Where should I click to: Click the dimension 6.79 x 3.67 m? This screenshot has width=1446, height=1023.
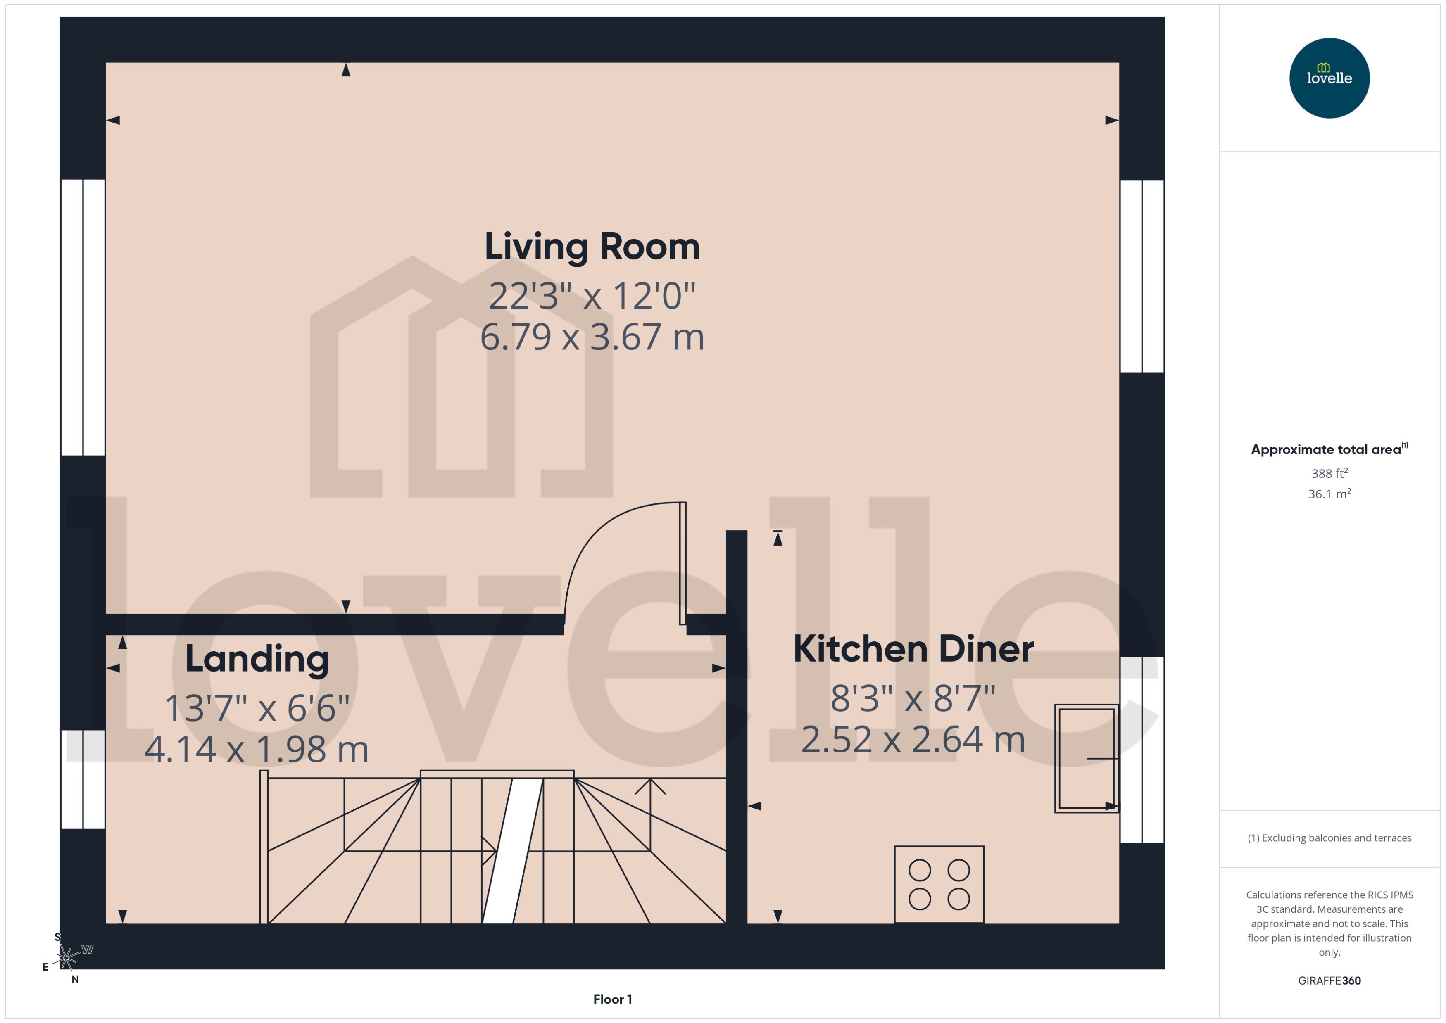pos(592,337)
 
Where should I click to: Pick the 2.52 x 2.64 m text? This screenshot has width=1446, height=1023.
pos(913,740)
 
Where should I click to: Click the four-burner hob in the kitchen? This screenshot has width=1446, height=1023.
pos(939,884)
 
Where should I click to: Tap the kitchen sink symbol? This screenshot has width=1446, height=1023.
pos(1086,758)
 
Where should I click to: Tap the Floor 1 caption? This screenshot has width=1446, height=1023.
pos(612,999)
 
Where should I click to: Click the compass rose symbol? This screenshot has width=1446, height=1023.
pos(66,957)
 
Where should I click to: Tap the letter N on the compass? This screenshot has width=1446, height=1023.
pos(75,980)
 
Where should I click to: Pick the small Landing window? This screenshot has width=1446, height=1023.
pos(83,779)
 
